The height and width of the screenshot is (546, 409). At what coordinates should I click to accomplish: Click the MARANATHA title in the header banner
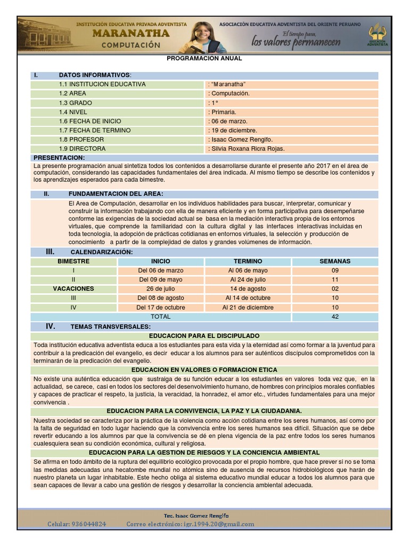[131, 34]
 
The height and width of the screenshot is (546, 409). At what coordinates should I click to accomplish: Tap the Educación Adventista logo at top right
[379, 34]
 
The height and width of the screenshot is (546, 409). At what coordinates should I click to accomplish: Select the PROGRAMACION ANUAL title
[204, 59]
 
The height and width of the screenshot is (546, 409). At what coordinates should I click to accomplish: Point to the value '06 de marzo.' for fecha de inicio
[228, 121]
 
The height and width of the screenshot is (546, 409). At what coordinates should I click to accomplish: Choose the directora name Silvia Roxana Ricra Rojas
[248, 149]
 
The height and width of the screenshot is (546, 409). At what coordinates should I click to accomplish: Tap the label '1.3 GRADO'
[76, 103]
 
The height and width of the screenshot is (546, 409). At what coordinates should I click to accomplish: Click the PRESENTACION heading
[59, 158]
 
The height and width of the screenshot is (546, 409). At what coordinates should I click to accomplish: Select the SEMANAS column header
[335, 261]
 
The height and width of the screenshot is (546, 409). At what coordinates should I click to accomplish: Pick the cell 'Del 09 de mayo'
[161, 279]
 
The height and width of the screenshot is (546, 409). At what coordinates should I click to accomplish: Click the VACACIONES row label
[73, 288]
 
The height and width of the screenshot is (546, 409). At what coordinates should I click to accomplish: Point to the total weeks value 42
[335, 316]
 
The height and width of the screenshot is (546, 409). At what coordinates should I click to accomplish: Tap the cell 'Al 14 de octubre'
[248, 298]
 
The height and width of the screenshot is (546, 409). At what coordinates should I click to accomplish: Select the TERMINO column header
[248, 261]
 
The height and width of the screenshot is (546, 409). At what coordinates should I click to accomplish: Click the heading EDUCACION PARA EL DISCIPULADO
[204, 336]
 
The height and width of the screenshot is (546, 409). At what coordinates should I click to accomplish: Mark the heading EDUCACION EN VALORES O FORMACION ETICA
[204, 370]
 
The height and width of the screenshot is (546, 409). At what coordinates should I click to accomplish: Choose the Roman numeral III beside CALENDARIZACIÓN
[51, 251]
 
